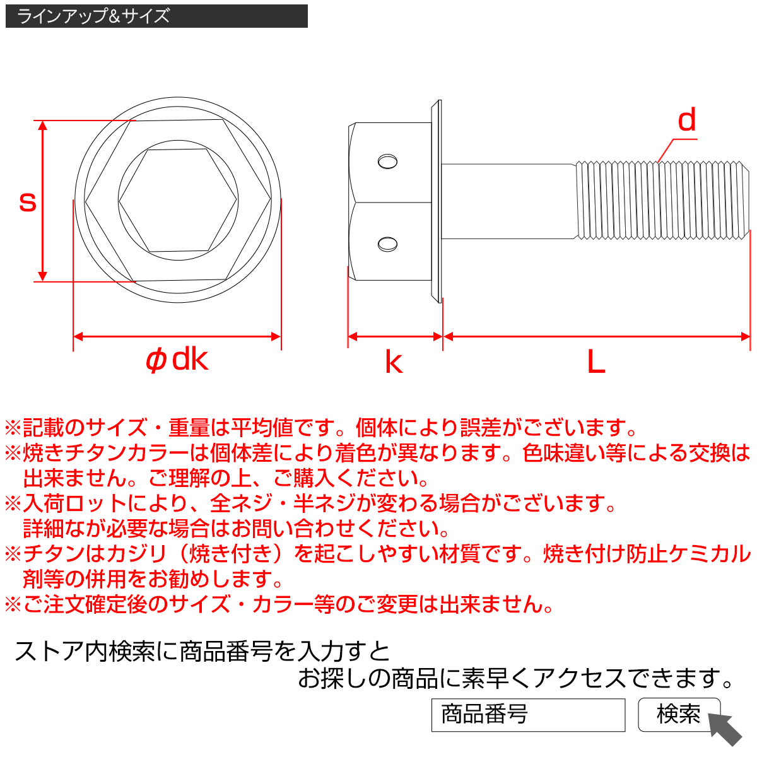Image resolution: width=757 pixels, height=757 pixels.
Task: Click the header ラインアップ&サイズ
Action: click(x=93, y=16)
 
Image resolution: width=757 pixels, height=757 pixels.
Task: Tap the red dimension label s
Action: click(x=27, y=202)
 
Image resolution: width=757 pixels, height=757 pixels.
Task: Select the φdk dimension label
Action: click(x=177, y=360)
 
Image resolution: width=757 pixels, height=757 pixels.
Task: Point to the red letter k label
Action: click(x=394, y=362)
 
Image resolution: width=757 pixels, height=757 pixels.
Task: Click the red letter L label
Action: click(x=596, y=362)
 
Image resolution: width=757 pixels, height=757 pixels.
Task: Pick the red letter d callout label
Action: click(x=686, y=120)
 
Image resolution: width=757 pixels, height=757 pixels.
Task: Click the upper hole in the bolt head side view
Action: click(x=387, y=161)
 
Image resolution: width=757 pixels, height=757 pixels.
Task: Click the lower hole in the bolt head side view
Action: click(x=387, y=244)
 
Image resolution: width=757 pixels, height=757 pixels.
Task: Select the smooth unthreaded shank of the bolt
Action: click(x=508, y=201)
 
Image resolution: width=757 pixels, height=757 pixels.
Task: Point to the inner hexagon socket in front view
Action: click(x=179, y=201)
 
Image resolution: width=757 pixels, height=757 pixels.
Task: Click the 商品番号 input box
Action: click(x=527, y=715)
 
